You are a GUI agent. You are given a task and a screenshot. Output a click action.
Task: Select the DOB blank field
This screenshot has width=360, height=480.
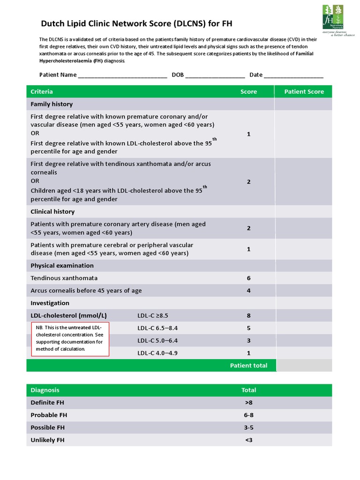click(x=215, y=75)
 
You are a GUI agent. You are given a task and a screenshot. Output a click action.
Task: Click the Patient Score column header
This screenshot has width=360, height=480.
click(x=304, y=92)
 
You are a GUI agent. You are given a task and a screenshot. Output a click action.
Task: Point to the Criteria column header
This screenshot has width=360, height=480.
click(x=42, y=92)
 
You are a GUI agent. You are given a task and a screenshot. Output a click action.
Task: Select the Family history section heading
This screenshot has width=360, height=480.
click(x=52, y=104)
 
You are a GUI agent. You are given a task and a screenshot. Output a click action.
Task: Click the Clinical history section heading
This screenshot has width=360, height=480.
click(x=52, y=212)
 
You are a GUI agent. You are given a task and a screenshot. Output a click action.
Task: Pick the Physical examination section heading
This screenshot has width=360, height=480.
click(x=62, y=266)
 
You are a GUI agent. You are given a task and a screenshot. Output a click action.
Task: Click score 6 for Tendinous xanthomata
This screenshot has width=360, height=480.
click(x=248, y=278)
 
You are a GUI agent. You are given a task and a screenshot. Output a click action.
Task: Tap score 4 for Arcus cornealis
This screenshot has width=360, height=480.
click(x=248, y=291)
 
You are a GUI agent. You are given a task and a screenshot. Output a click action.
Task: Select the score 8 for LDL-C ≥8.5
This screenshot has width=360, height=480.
click(x=248, y=315)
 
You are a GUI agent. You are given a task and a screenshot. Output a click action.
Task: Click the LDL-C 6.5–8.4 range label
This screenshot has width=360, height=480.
click(x=157, y=328)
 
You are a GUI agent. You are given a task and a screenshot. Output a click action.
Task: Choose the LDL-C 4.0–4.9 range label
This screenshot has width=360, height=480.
click(x=157, y=353)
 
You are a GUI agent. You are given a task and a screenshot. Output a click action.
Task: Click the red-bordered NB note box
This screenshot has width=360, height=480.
click(x=70, y=339)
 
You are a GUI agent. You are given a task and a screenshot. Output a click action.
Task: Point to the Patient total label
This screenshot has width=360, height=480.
click(x=248, y=366)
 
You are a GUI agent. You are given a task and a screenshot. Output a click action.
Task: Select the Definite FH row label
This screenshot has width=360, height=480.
click(x=47, y=403)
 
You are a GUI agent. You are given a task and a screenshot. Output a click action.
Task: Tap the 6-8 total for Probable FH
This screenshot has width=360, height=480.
click(x=248, y=415)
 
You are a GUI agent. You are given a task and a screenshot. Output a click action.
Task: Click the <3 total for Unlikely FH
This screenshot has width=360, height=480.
click(x=248, y=440)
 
